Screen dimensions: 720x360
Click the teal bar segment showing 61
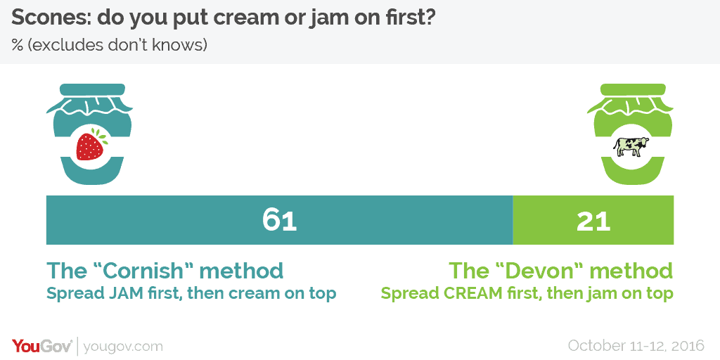[x=279, y=220]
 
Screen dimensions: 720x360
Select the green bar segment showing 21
[x=593, y=220]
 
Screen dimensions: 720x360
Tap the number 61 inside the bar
[x=280, y=220]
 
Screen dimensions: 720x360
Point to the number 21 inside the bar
[x=593, y=221]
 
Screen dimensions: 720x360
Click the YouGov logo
[x=41, y=345]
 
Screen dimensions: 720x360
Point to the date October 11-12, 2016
[x=636, y=345]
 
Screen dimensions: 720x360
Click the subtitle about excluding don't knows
[x=109, y=46]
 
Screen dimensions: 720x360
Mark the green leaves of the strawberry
[x=102, y=136]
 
